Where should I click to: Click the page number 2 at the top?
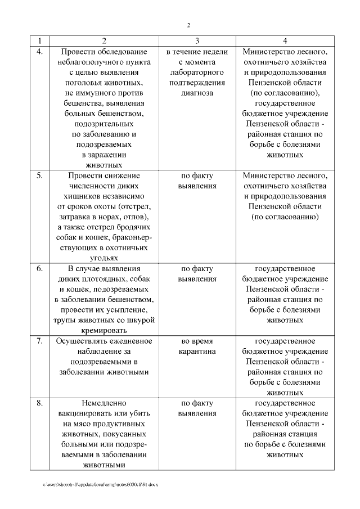click(188, 25)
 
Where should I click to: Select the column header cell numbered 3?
click(197, 41)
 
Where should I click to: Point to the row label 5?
click(39, 175)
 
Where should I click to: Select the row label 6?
click(39, 268)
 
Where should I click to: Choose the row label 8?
click(39, 403)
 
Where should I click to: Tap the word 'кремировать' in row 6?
click(104, 331)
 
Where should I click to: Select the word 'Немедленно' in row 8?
click(104, 403)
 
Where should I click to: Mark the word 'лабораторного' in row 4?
click(197, 73)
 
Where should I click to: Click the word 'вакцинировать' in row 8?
click(84, 413)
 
